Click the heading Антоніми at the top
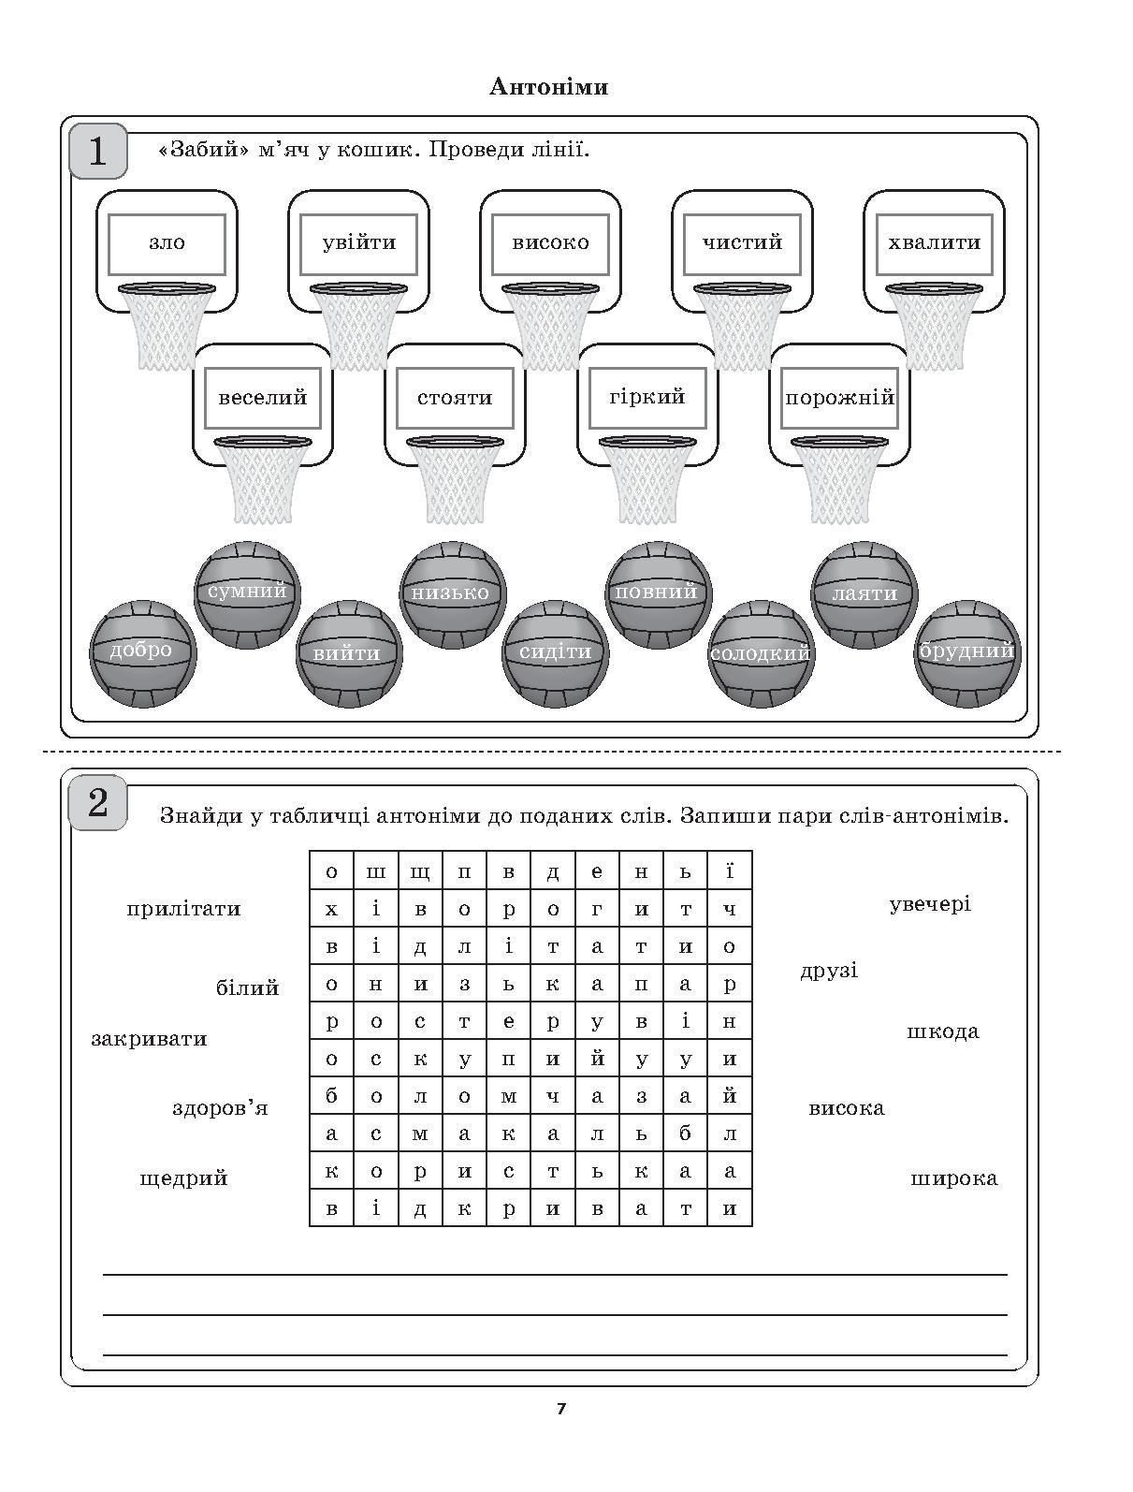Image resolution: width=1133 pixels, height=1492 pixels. pos(548,87)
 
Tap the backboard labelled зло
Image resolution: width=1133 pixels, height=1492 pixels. pos(167,251)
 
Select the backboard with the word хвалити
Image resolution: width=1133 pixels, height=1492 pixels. pos(934,251)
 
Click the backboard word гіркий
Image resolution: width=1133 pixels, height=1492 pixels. pos(646,397)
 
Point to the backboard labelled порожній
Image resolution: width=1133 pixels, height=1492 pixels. pos(839,404)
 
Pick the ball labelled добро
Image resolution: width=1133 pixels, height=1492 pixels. pos(142,654)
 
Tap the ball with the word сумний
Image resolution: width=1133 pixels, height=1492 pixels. pos(247,594)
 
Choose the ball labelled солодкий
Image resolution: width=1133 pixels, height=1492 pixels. pos(761,654)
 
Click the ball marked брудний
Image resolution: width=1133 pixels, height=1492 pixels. pos(967,654)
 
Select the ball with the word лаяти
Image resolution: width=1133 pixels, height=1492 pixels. pos(864,594)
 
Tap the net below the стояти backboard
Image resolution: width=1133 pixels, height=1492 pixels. pos(455,480)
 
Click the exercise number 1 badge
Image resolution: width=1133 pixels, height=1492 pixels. pos(98,151)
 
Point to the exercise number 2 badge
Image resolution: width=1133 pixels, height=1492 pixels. pos(98,803)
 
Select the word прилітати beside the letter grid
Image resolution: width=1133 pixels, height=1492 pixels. pos(183,909)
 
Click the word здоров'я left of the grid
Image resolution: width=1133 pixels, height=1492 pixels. pos(220,1108)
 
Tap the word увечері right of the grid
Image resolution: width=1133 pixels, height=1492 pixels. pos(930,905)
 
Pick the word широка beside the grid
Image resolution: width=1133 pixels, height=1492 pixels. pos(953,1178)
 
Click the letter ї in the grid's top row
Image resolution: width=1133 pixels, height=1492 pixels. pos(730,870)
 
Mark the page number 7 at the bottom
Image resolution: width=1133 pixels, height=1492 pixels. pos(561,1409)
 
